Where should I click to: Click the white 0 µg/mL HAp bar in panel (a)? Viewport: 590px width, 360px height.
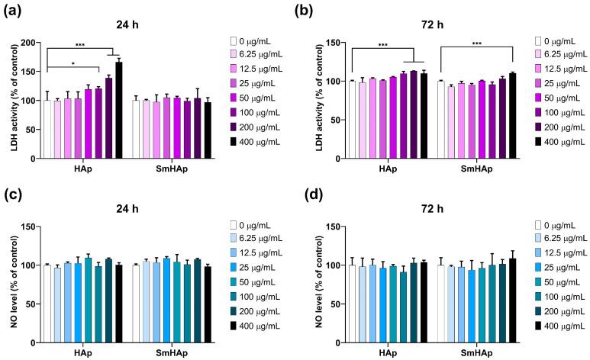[47, 129]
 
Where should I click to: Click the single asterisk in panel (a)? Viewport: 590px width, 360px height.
[73, 64]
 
